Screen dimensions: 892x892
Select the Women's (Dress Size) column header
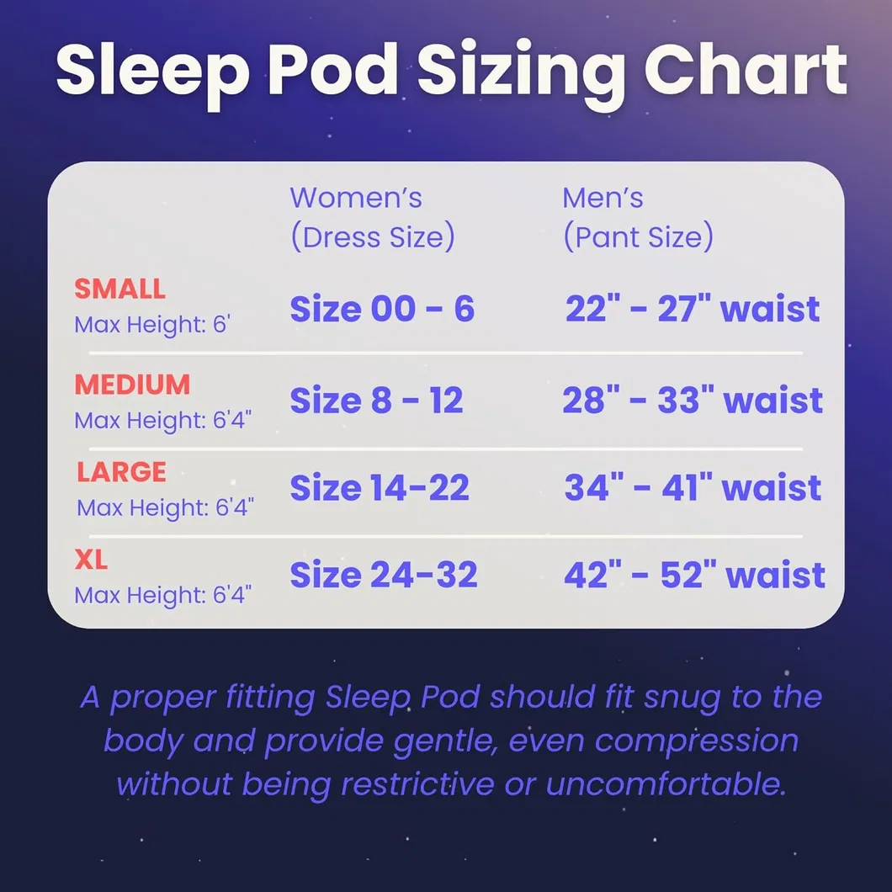372,217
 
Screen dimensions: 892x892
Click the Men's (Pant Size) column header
637,217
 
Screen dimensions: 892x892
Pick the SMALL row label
119,289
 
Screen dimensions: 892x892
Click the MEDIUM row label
132,385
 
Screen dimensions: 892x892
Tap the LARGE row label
122,472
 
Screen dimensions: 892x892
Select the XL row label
91,560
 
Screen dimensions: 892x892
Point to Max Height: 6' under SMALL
151,325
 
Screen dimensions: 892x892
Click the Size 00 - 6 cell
382,310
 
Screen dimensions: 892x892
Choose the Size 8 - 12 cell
376,401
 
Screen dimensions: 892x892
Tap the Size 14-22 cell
380,488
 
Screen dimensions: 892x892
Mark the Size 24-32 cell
384,576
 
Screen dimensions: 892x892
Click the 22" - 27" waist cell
692,310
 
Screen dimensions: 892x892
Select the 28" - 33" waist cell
692,401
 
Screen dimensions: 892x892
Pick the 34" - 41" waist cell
692,488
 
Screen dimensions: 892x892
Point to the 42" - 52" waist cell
693,576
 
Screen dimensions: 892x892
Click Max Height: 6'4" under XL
163,595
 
